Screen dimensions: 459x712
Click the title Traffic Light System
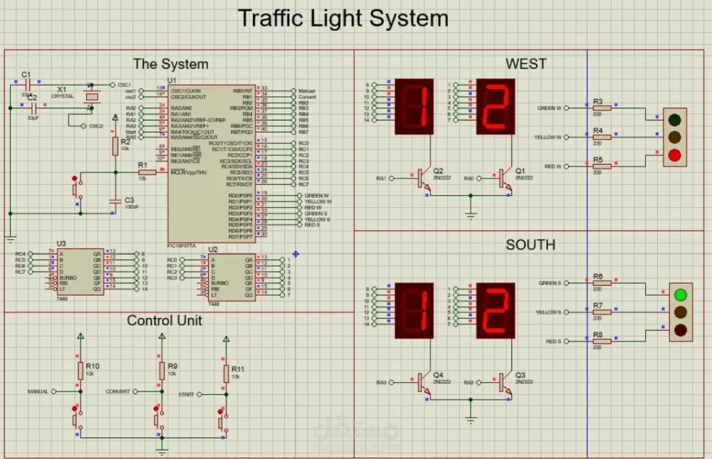point(342,18)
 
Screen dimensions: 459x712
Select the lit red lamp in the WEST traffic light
point(675,155)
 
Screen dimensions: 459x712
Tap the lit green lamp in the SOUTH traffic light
point(681,294)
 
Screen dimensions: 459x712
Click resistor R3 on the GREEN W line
point(602,108)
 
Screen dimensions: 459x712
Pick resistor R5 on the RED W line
point(602,166)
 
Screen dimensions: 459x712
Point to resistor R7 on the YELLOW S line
point(602,312)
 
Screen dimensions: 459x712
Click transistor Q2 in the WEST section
point(424,178)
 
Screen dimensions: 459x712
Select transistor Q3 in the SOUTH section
point(505,383)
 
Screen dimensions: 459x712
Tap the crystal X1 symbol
point(91,97)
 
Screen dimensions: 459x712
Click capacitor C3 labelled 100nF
point(115,203)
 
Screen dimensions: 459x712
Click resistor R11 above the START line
point(226,373)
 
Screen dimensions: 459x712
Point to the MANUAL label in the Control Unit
point(38,392)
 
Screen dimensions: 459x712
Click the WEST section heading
point(526,64)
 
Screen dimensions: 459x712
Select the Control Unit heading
point(164,321)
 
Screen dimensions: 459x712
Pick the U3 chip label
point(61,244)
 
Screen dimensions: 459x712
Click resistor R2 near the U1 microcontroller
point(115,146)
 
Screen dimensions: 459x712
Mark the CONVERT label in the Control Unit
point(118,392)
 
